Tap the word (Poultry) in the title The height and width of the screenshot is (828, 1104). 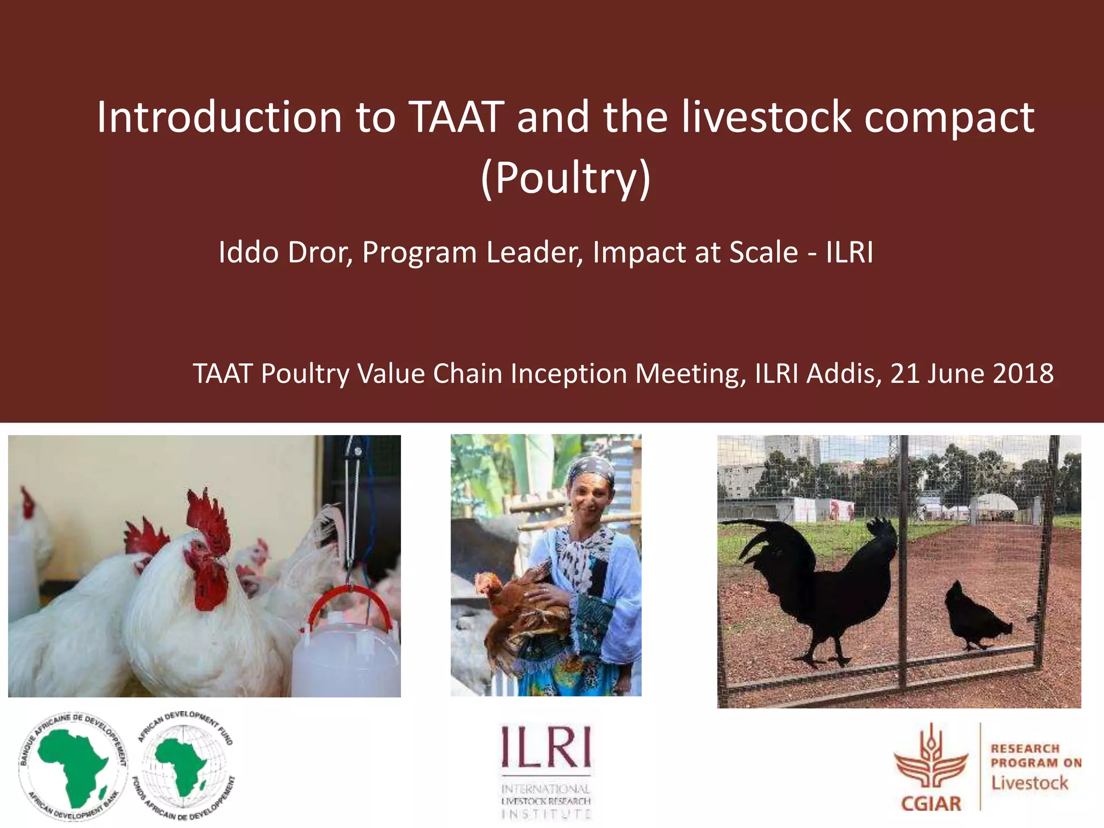tap(565, 178)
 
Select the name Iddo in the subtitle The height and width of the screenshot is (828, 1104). tap(249, 252)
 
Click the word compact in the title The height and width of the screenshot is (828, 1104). tap(949, 119)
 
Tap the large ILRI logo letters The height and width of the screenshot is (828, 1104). tap(546, 747)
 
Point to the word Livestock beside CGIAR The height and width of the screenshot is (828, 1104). tap(1029, 783)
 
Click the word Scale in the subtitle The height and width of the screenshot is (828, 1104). tap(763, 252)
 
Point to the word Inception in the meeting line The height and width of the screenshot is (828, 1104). tap(569, 374)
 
